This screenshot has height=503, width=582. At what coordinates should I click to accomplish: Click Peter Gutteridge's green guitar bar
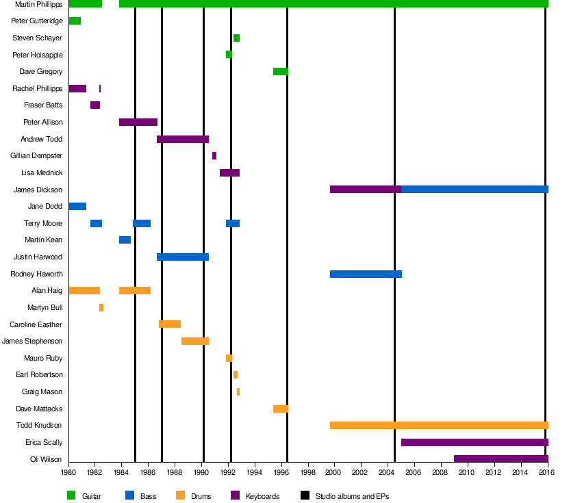pos(75,21)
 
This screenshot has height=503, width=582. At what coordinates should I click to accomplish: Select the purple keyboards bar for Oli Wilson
pos(501,459)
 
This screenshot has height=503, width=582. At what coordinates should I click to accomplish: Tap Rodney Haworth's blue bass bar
pos(366,274)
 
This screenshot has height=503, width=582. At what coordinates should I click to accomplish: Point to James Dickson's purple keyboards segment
pos(365,190)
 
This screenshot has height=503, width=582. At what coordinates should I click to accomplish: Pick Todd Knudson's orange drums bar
pos(438,425)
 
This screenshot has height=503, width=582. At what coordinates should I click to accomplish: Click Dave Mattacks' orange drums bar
pos(280,409)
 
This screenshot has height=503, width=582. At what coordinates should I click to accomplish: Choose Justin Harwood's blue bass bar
pos(182,257)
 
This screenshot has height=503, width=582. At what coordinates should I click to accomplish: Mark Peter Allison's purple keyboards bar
pos(138,122)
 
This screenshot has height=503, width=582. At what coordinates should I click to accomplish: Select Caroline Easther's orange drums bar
pos(170,324)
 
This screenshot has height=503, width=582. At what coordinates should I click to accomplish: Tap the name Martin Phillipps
pos(38,4)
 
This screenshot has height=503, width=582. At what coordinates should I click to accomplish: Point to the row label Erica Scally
pos(44,442)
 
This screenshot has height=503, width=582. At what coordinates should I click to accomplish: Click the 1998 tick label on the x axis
pos(307,472)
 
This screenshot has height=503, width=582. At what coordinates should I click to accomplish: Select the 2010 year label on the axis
pos(467,472)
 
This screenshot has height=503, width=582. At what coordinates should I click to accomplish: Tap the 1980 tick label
pos(68,472)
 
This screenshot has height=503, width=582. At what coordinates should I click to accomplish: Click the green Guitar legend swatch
pos(71,495)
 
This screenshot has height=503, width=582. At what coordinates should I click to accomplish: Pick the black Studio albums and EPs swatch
pos(305,495)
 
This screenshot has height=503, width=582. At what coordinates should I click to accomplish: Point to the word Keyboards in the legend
pos(262,496)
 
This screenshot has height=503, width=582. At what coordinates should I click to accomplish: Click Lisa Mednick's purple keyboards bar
pos(229,172)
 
